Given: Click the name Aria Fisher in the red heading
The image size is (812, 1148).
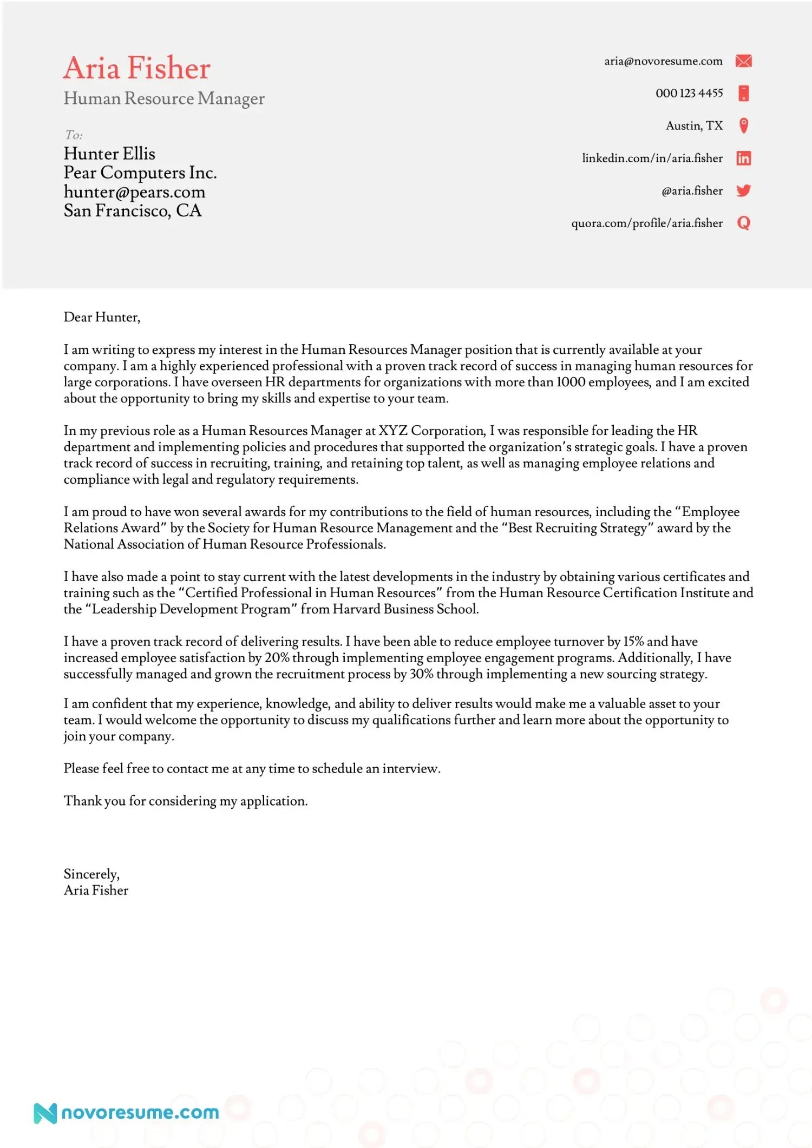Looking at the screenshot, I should coord(136,68).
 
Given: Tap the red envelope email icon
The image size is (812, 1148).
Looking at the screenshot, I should coord(744,61).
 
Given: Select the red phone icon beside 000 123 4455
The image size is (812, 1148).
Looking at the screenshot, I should coord(744,93).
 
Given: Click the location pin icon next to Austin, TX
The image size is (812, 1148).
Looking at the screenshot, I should coord(744,126).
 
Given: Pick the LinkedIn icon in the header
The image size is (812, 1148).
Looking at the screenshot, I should coord(744,159).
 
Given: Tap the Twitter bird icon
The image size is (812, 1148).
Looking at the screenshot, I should coord(744,190).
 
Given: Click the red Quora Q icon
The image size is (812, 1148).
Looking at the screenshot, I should coord(744,223).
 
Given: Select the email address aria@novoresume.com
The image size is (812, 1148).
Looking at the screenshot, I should coord(663,61).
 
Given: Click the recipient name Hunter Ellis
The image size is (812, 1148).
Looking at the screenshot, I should coord(109,154).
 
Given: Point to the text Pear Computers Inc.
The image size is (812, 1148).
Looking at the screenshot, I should coord(140,173).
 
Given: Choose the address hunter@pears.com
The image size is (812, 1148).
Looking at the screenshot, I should coord(134,192).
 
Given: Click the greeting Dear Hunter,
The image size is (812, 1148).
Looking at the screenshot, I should coord(102,317).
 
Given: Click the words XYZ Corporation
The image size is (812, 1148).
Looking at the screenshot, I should coord(431,431).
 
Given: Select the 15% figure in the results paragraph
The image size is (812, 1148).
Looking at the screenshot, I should coord(633,642).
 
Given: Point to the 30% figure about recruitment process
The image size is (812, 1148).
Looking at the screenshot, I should coord(421,674).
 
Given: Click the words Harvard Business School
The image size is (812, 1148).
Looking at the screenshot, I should coord(405,609).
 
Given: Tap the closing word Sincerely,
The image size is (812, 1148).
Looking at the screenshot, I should coord(91,874).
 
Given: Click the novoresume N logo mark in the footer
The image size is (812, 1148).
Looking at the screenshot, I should coord(45,1113).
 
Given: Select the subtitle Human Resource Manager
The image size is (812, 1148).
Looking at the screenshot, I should coord(164,98).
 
